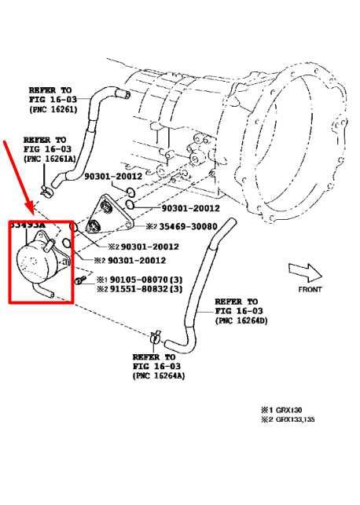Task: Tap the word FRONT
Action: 310,289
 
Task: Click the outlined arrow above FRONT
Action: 306,272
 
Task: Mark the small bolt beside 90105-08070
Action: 80,280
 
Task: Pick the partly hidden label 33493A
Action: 27,225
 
